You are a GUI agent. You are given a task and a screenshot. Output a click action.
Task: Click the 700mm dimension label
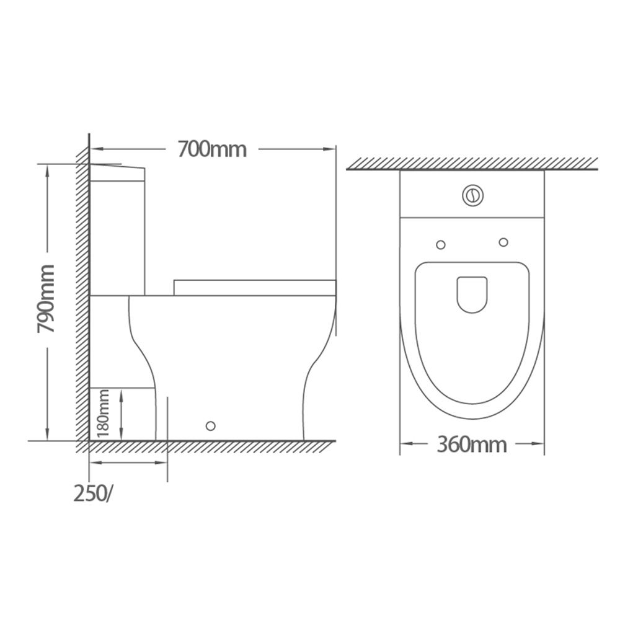[x=212, y=149]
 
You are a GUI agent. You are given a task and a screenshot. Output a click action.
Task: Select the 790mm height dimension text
[x=46, y=299]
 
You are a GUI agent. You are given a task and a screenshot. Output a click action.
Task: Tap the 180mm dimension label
[x=103, y=413]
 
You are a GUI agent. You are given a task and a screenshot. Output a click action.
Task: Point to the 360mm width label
[x=472, y=445]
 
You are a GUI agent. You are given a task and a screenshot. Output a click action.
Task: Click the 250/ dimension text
[x=93, y=494]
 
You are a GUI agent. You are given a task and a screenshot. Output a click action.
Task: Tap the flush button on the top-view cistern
[x=472, y=195]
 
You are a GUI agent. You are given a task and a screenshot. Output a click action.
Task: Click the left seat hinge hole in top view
[x=440, y=245]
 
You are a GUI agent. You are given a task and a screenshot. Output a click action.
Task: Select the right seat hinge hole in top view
[x=503, y=242]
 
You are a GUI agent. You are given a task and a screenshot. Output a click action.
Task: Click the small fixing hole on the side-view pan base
[x=211, y=426]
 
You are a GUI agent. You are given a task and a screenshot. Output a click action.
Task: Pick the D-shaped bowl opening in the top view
[x=472, y=294]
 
